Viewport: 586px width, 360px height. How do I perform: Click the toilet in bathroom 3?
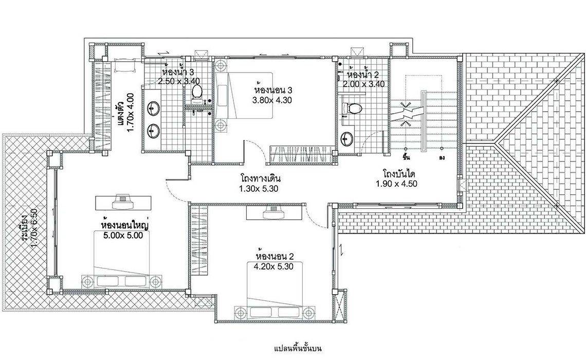click(x=197, y=91)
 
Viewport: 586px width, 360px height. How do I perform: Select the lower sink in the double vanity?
click(x=154, y=130)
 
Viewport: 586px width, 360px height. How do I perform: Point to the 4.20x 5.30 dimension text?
click(x=273, y=266)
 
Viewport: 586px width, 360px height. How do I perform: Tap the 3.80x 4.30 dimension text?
click(x=272, y=100)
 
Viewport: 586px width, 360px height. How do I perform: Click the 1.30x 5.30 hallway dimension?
click(x=259, y=189)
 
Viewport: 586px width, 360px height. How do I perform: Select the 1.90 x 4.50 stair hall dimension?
click(x=396, y=184)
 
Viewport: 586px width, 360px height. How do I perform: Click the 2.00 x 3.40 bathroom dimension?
click(x=364, y=84)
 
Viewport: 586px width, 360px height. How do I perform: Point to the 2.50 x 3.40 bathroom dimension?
click(x=179, y=81)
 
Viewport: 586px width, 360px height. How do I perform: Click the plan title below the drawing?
click(x=298, y=349)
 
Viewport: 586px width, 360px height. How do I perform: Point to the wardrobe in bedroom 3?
click(x=301, y=155)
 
